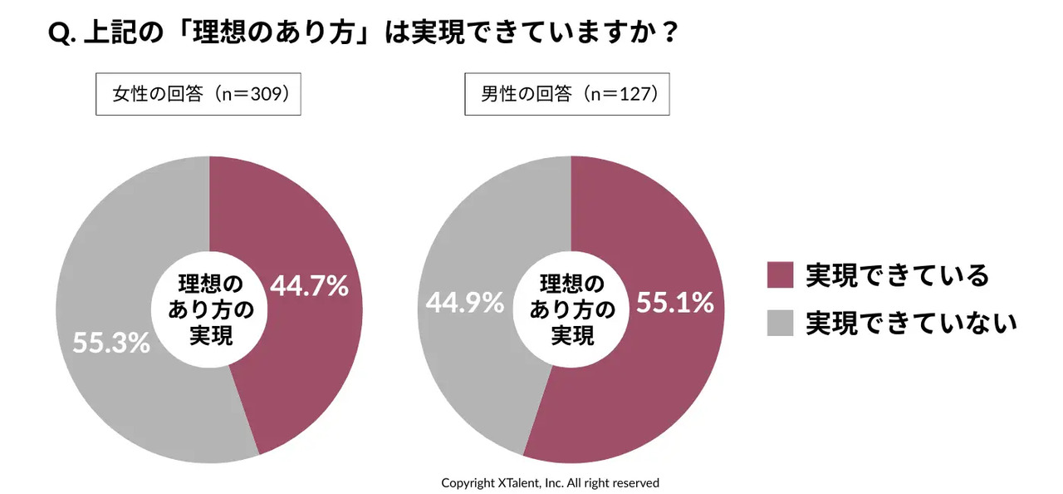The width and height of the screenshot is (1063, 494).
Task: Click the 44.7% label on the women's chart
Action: click(x=309, y=286)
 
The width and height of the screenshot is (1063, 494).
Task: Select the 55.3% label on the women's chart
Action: click(x=111, y=342)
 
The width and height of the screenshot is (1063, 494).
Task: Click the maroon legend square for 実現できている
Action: click(x=780, y=275)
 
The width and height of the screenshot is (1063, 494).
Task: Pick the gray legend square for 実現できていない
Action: click(x=780, y=323)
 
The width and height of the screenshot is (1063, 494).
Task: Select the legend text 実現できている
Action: click(x=898, y=275)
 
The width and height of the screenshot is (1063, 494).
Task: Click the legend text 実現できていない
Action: click(x=912, y=323)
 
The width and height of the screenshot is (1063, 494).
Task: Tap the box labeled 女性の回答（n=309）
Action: click(x=198, y=94)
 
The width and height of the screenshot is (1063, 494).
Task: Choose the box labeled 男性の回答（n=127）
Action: click(x=566, y=94)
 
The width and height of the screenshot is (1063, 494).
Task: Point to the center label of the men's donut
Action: click(x=572, y=309)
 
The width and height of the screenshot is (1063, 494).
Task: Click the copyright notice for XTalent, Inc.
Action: click(x=550, y=482)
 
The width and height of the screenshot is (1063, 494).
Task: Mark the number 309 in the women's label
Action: click(x=266, y=94)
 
